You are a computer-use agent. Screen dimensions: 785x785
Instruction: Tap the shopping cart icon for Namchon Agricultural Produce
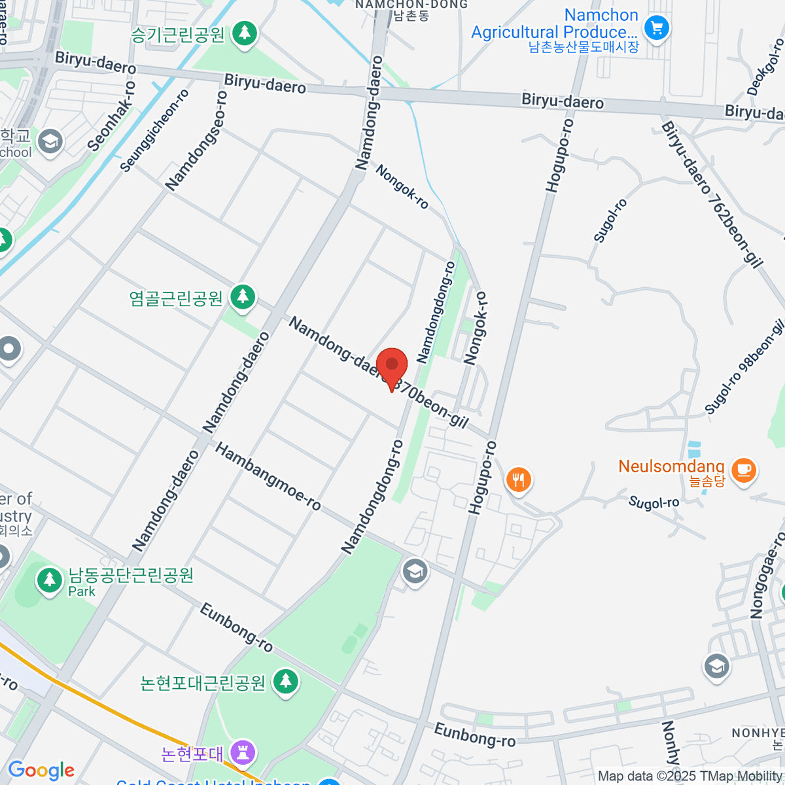656,28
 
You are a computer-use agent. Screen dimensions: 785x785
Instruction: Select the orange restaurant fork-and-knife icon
518,480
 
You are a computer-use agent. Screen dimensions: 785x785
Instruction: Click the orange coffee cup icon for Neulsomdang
743,469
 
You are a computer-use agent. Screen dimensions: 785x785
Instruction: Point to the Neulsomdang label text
671,467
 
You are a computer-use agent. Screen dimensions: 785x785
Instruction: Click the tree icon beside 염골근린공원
243,296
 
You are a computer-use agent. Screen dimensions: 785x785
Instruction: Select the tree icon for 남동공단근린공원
49,580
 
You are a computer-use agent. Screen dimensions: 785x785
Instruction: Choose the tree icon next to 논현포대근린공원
285,681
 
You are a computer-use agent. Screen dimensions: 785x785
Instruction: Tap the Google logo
41,770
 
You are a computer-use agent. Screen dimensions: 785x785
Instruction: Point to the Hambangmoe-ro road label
268,477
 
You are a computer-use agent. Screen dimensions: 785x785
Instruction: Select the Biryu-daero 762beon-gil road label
712,194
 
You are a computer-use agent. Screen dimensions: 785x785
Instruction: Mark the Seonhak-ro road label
111,116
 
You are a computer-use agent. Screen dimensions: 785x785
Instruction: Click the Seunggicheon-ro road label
154,131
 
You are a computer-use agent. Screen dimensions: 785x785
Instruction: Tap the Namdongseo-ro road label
196,141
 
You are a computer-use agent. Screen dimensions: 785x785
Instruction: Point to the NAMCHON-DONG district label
411,5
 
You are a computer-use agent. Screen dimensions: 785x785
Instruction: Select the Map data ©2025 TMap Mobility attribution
690,776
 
